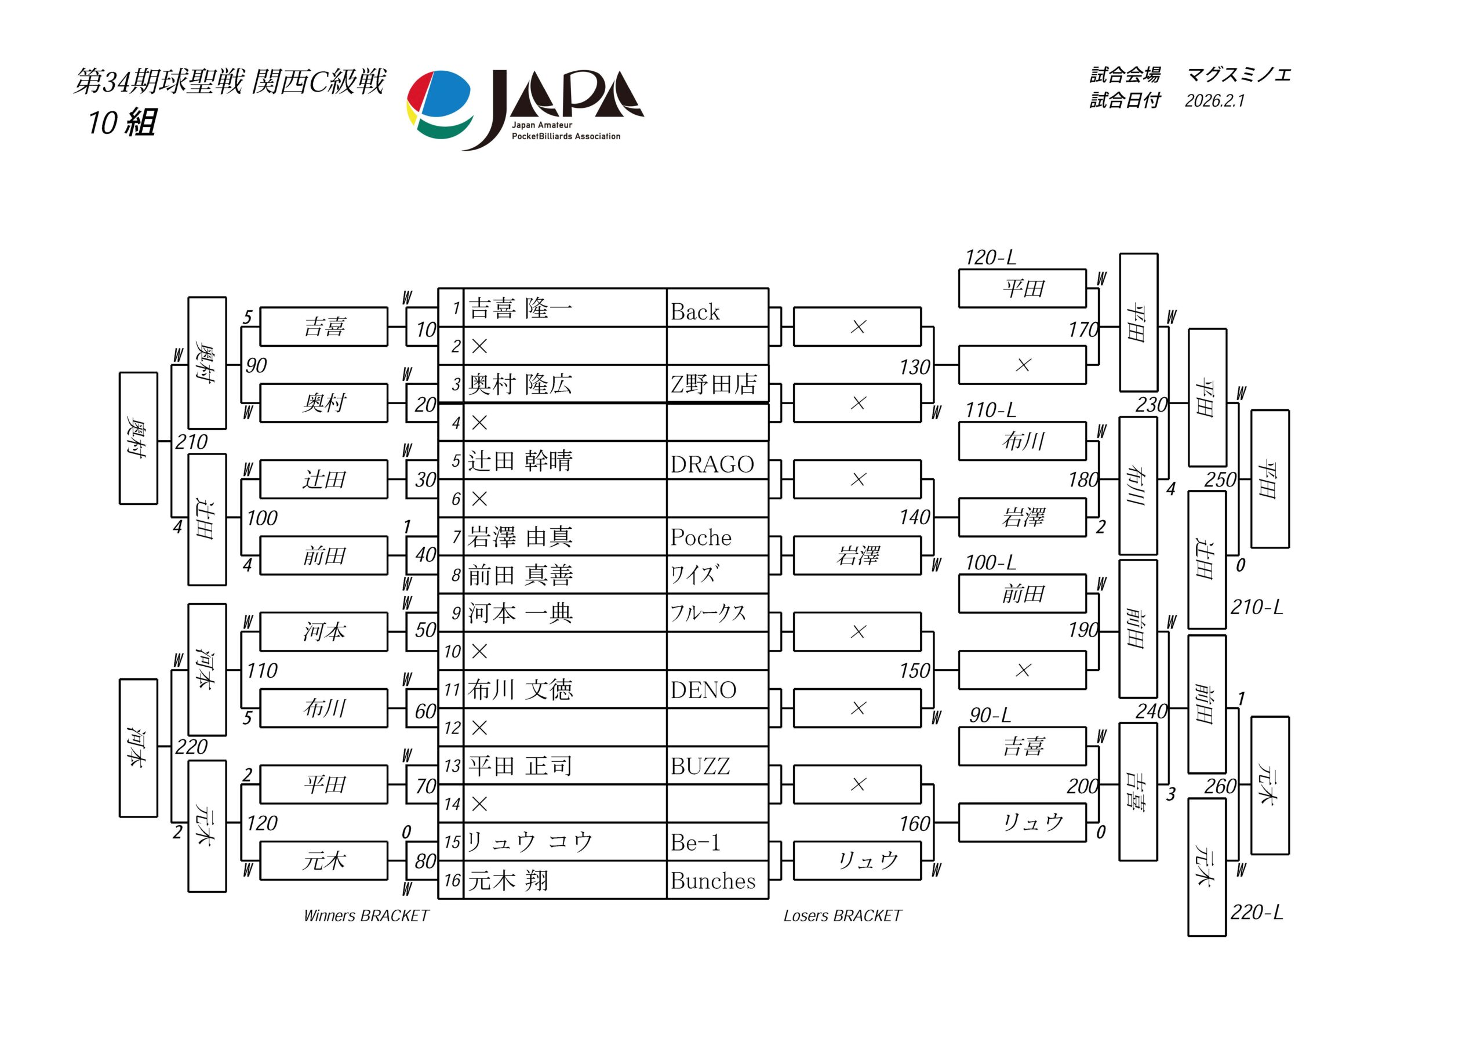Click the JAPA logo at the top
point(525,108)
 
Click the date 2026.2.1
point(1214,101)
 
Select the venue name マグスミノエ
point(1238,75)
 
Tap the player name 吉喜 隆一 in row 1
point(521,308)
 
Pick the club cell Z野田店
point(714,384)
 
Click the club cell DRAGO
point(712,464)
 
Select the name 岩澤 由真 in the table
point(521,537)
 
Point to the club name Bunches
point(713,881)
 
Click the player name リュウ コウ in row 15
point(529,842)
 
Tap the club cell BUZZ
point(700,766)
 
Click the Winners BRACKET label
point(366,915)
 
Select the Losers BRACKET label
point(842,915)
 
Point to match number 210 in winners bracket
point(191,442)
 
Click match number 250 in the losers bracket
point(1220,479)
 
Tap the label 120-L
point(990,258)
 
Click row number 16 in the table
point(452,881)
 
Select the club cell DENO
point(703,690)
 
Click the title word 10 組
point(122,123)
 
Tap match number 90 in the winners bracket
point(256,366)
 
